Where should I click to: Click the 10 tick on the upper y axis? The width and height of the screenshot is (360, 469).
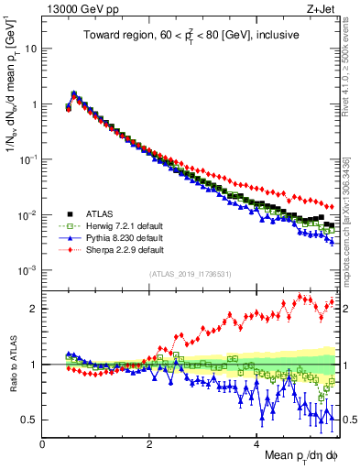tap(31, 49)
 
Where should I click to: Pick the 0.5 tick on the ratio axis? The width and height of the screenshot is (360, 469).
tap(29, 420)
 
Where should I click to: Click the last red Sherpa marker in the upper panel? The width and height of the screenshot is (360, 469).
tap(331, 207)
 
